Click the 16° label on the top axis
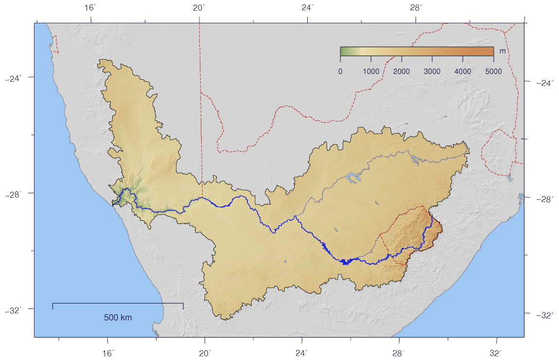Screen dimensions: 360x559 [90, 7]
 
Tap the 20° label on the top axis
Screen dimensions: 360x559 [198, 7]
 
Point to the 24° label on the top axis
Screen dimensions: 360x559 [307, 7]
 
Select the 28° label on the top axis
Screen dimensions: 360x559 [416, 7]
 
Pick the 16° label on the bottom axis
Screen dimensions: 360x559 [108, 353]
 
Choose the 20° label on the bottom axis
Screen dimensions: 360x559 [205, 353]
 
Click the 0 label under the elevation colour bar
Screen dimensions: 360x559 [340, 71]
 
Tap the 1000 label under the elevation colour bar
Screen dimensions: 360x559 [371, 71]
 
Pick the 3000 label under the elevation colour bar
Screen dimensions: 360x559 [432, 71]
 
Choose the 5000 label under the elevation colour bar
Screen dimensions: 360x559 [493, 71]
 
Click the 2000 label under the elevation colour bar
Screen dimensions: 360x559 [402, 71]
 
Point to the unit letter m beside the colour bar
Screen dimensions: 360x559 [503, 51]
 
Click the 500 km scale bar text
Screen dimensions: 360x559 [118, 318]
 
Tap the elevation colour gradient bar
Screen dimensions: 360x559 [417, 51]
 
